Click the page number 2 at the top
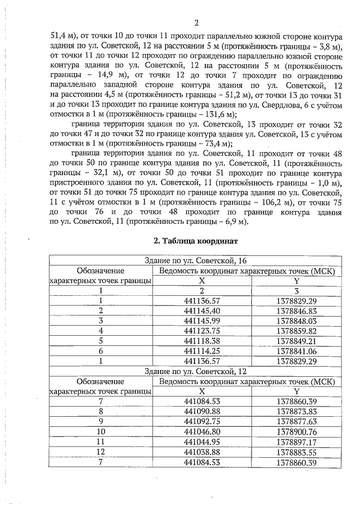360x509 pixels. point(197,23)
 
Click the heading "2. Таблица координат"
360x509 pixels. point(196,241)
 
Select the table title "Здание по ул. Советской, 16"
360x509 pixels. point(196,261)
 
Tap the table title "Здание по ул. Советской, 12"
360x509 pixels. point(196,371)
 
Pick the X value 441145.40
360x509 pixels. point(202,310)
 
